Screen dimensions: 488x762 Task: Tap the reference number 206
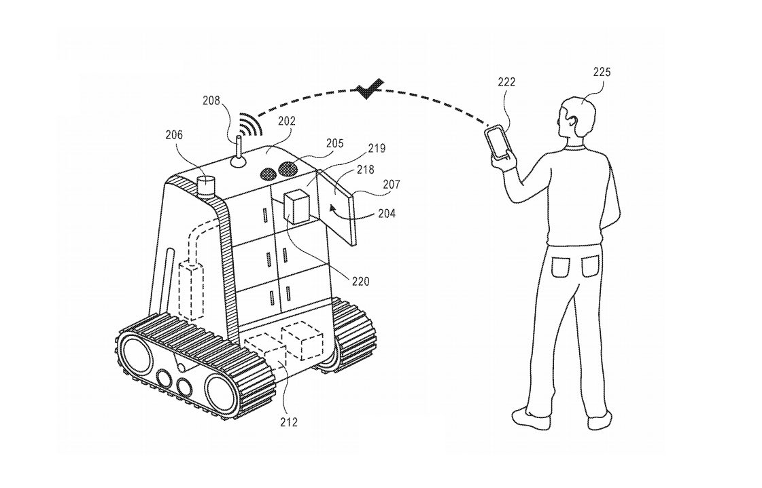pyautogui.click(x=173, y=135)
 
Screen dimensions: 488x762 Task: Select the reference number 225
pyautogui.click(x=602, y=72)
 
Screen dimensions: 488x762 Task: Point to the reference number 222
pyautogui.click(x=506, y=83)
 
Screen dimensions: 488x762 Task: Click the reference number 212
pyautogui.click(x=288, y=422)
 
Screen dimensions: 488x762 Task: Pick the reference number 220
pyautogui.click(x=360, y=280)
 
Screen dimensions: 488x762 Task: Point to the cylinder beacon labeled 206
pyautogui.click(x=205, y=185)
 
